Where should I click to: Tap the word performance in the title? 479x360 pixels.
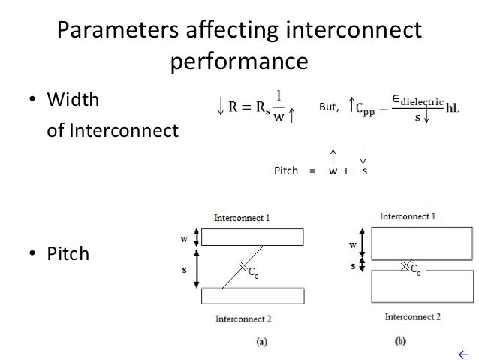pos(239,61)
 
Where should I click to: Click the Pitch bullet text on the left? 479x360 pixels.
pos(68,254)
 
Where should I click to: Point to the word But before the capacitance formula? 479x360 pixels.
pos(329,107)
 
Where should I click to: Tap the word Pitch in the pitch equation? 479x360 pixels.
pos(286,171)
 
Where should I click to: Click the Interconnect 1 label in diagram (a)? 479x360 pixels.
pos(242,218)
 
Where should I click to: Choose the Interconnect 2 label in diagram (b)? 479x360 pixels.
pos(412,317)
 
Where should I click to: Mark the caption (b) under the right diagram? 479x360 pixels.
pos(402,341)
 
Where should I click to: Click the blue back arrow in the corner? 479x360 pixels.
pos(462,353)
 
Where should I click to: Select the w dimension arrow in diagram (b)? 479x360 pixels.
pos(362,244)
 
